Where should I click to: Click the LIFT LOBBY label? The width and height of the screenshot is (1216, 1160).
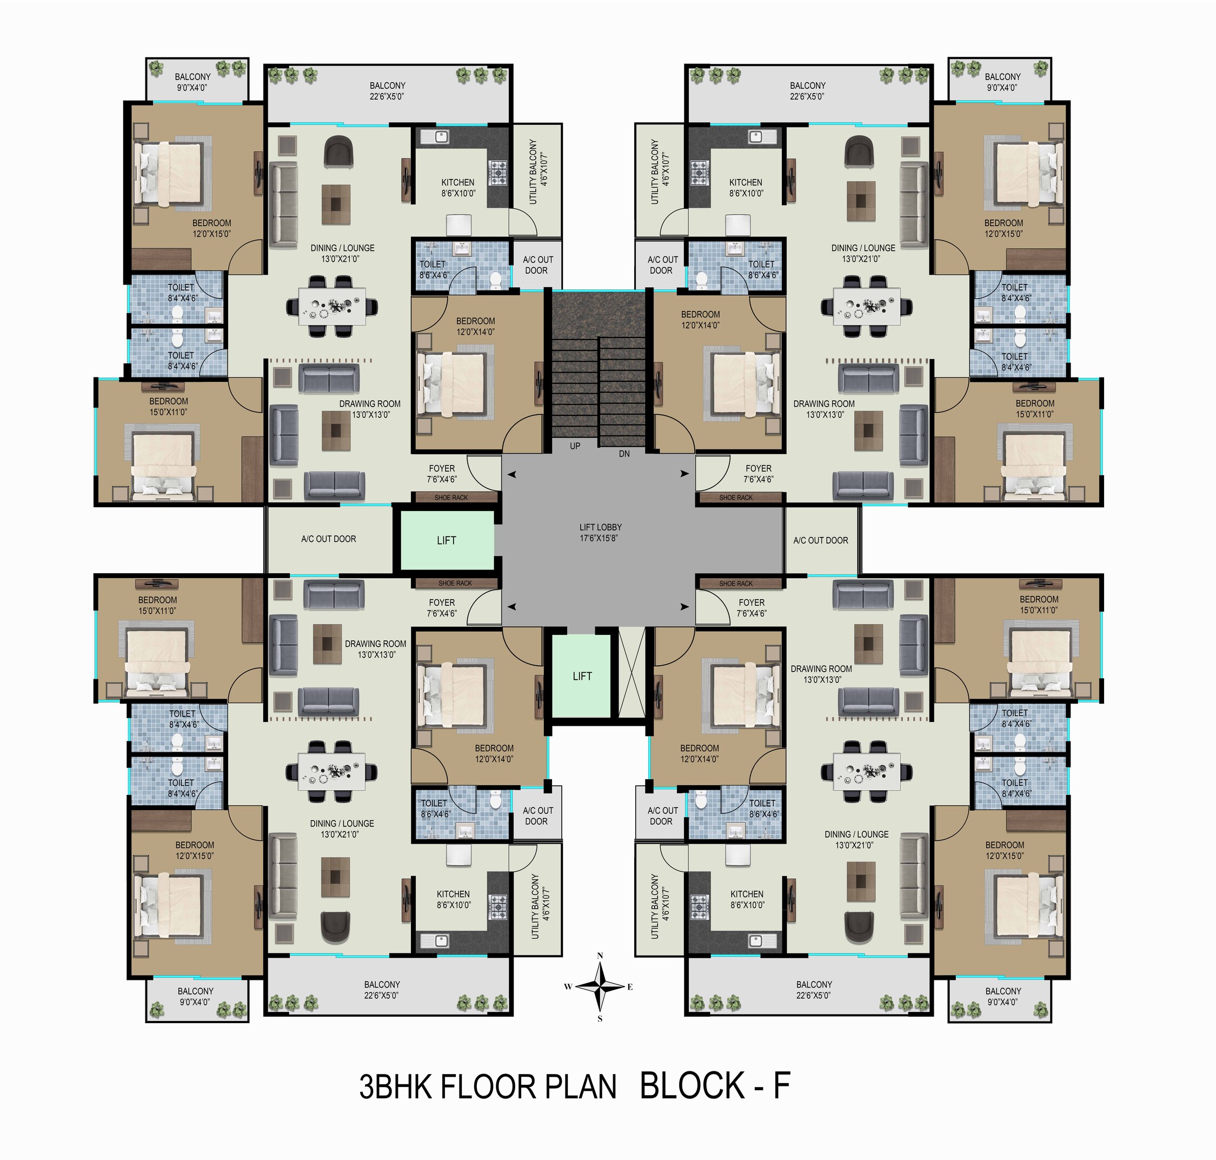tap(600, 527)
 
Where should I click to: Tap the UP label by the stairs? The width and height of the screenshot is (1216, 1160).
tap(575, 446)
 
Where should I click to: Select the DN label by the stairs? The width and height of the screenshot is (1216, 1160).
tap(624, 454)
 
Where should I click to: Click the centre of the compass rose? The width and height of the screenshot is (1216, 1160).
tap(600, 986)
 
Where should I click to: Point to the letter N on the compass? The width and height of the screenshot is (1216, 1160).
tap(600, 956)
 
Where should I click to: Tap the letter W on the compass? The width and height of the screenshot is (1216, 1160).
tap(568, 987)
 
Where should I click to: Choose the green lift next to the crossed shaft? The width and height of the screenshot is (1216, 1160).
tap(581, 676)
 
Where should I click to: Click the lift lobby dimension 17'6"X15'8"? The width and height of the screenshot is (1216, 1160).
tap(599, 538)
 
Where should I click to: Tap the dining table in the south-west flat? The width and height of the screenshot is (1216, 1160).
tap(332, 771)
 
